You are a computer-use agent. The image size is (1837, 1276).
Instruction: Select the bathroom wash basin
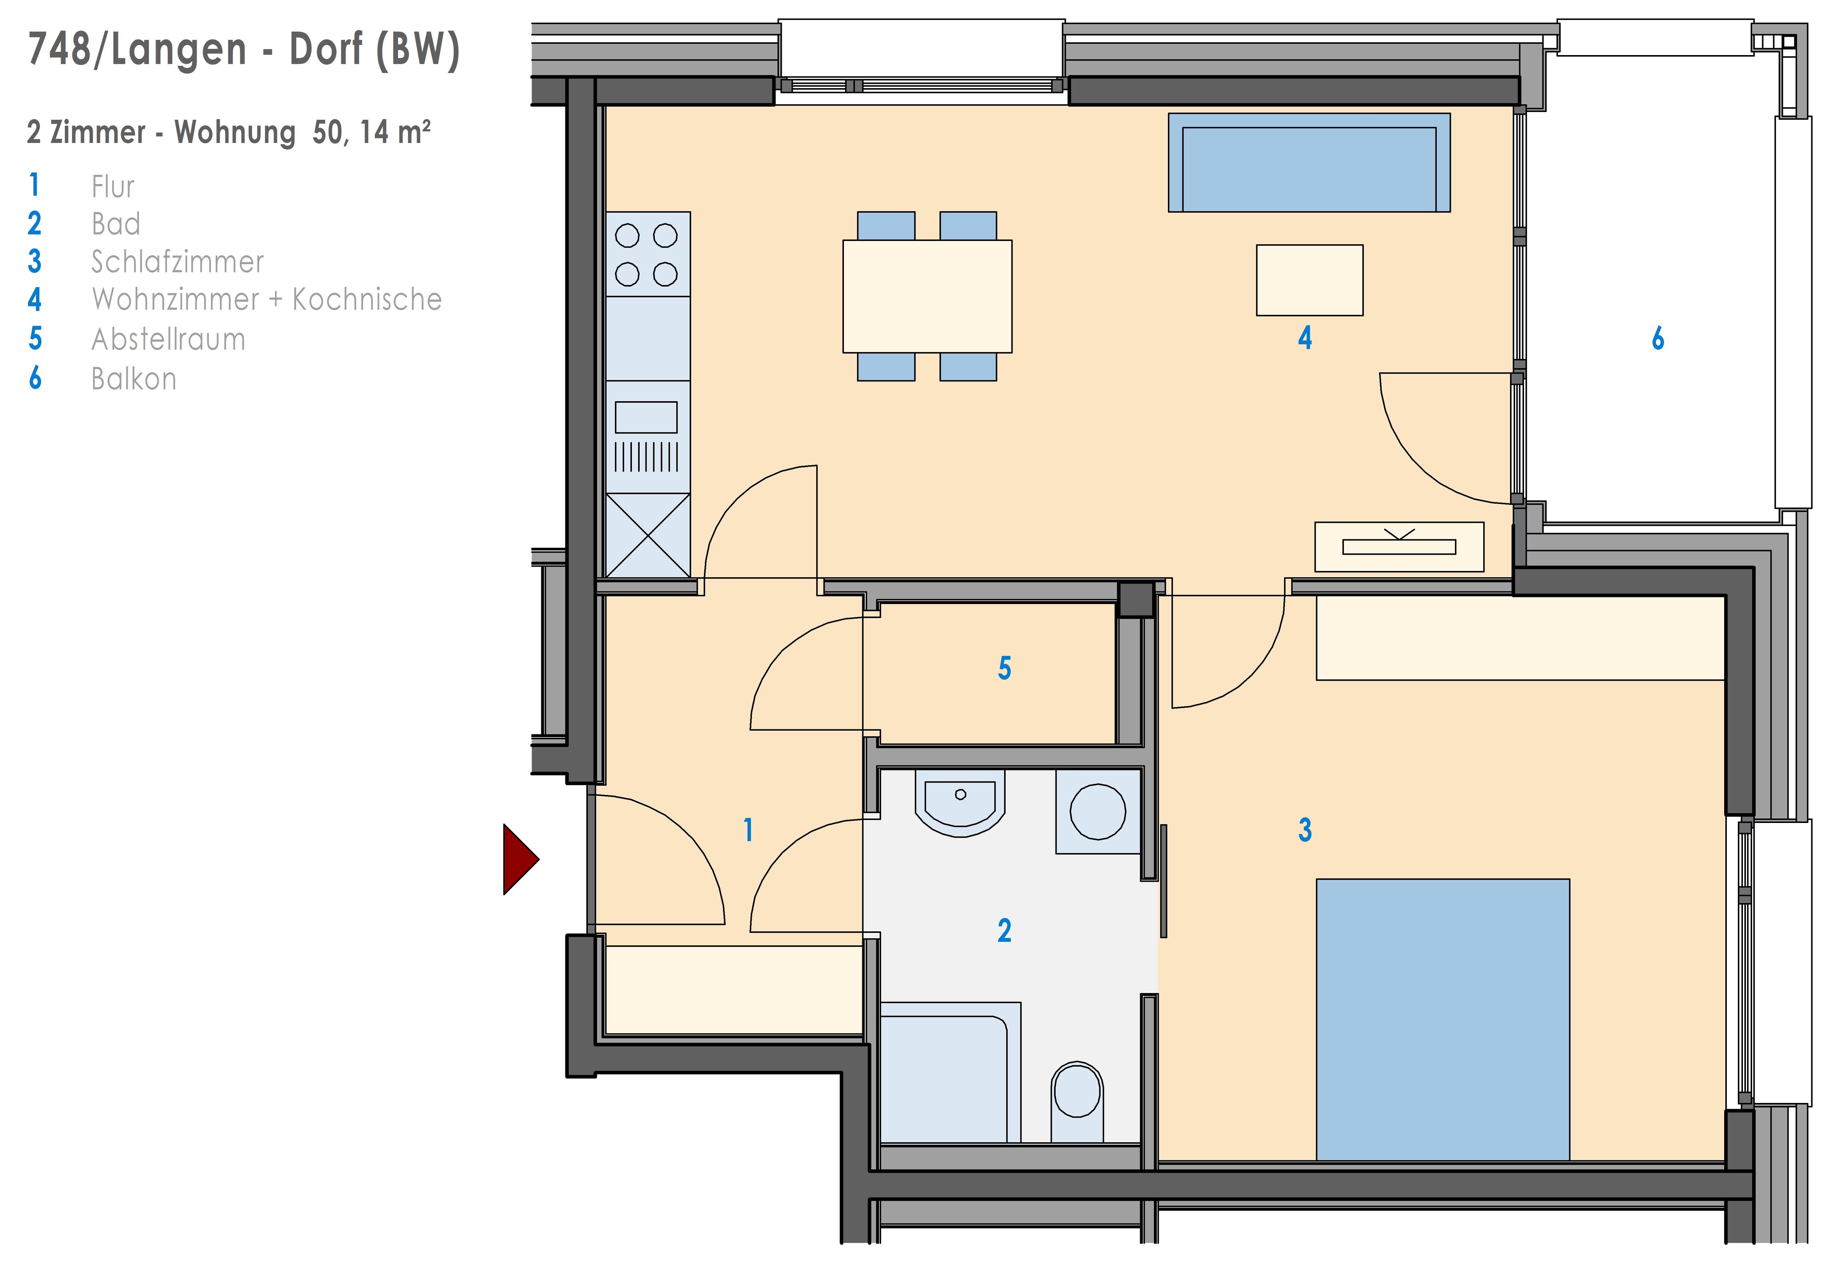point(960,804)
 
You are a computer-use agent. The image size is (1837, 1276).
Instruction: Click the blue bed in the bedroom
point(1443,1019)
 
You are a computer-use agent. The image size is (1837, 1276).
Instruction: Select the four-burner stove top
point(647,254)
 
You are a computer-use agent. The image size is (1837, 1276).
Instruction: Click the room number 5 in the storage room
point(1005,668)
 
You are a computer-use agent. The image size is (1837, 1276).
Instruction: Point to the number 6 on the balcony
point(1658,339)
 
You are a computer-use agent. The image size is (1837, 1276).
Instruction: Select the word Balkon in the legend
point(133,379)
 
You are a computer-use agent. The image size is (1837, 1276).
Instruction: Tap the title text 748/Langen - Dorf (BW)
point(244,50)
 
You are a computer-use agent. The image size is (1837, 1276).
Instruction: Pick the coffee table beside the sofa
point(1309,280)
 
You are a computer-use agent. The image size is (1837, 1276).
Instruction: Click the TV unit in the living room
point(1399,547)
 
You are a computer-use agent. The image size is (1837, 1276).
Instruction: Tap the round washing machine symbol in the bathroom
point(1097,812)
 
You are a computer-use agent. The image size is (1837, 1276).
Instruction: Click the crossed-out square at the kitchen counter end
point(647,535)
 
